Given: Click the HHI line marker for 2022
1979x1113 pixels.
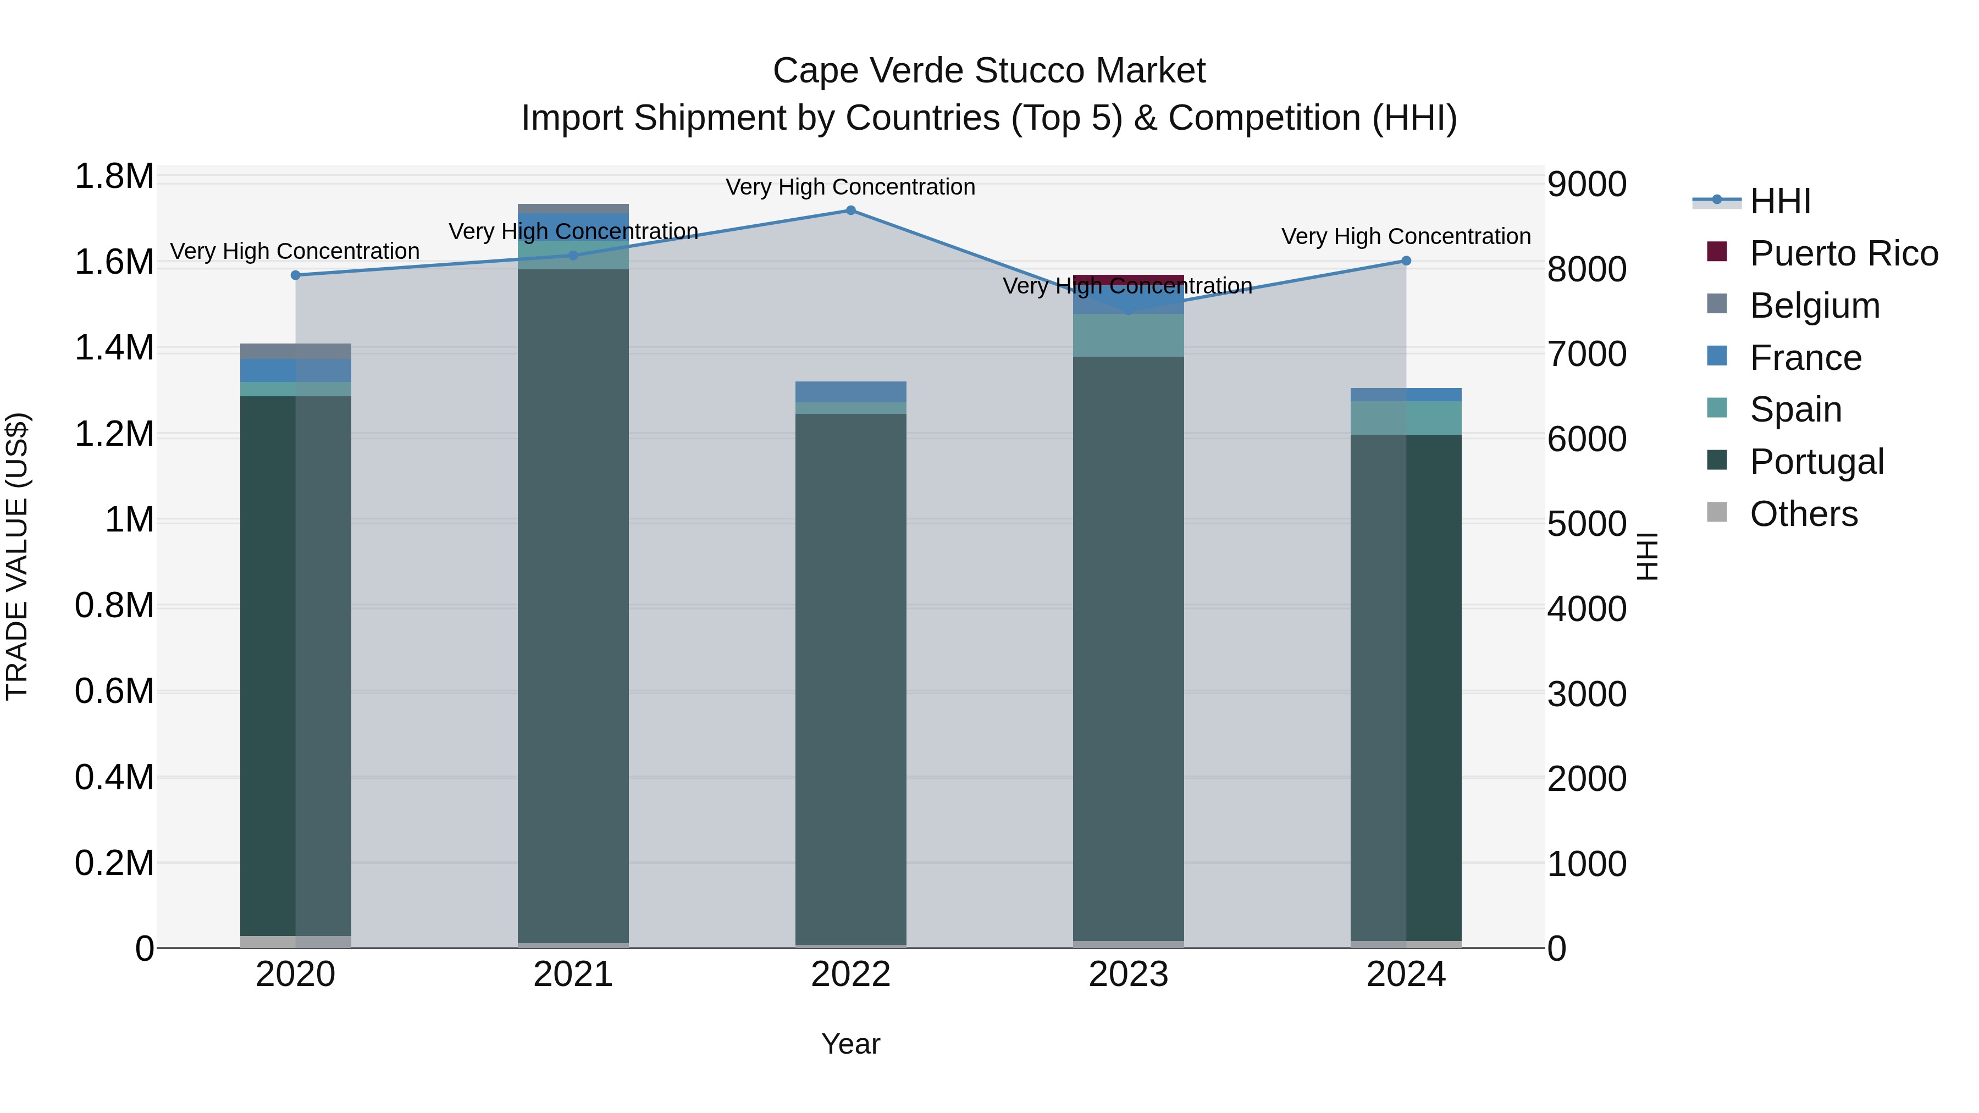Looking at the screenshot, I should click(x=850, y=211).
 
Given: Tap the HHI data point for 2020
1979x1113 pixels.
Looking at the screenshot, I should click(x=296, y=275).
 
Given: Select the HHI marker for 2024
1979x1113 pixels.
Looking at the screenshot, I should click(x=1406, y=261).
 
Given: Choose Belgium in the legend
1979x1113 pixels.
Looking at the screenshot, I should click(x=1814, y=306).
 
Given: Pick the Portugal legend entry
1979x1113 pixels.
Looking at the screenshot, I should click(x=1816, y=462).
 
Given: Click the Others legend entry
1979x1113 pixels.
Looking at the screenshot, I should click(x=1803, y=514).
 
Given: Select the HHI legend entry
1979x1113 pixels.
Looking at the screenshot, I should click(x=1780, y=201).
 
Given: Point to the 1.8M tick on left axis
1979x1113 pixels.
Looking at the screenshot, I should click(x=114, y=176).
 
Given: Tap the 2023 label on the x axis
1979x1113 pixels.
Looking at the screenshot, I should click(x=1128, y=974).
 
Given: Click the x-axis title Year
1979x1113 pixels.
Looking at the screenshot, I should click(x=850, y=1044).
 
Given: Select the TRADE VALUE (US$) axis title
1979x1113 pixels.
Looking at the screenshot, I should click(x=17, y=556).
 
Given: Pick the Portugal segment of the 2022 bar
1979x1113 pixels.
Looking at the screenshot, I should click(x=850, y=676).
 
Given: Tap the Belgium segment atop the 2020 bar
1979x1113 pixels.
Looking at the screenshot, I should click(x=296, y=351).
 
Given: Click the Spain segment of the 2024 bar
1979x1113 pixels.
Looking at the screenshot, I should click(x=1406, y=418).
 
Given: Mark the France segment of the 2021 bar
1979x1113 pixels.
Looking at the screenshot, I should click(x=573, y=226).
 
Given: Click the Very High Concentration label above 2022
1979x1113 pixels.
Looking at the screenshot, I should click(x=850, y=187).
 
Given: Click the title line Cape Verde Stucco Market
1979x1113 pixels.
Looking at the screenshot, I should click(x=989, y=71).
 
